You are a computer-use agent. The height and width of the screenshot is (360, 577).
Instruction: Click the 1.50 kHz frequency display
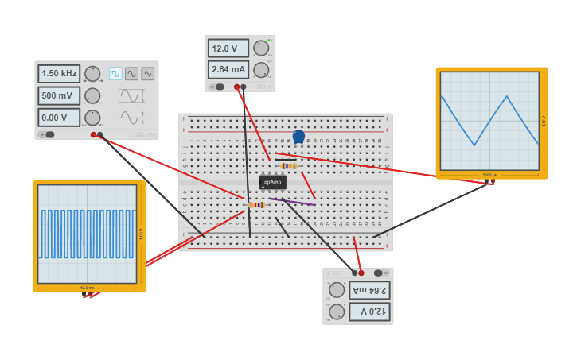point(59,74)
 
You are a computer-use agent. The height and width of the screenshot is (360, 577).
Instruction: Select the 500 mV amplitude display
point(59,96)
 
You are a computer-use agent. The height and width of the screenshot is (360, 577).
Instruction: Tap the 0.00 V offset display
point(59,118)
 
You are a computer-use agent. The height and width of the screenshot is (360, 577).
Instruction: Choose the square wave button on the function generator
point(115,74)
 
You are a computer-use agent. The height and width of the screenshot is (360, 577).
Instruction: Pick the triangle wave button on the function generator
point(148,74)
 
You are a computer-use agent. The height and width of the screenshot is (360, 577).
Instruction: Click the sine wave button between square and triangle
point(131,74)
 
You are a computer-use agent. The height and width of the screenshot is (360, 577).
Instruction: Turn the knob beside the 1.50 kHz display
point(92,74)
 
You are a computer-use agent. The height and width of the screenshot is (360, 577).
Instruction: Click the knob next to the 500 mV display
point(92,96)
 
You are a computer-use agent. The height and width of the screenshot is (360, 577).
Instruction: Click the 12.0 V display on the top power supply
point(228,48)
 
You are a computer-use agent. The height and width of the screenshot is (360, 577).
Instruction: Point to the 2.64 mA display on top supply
point(228,69)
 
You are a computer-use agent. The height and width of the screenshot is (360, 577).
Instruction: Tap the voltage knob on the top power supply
point(261,48)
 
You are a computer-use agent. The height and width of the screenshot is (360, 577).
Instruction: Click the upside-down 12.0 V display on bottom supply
point(369,311)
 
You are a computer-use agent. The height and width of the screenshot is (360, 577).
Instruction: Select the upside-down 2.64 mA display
point(369,290)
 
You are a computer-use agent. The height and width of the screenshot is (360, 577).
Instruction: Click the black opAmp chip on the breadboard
point(272,182)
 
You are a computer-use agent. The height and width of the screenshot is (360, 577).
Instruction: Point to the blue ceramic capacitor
point(298,137)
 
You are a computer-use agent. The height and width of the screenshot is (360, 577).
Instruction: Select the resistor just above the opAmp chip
point(288,166)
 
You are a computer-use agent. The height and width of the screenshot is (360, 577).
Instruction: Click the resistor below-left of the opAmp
point(256,205)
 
